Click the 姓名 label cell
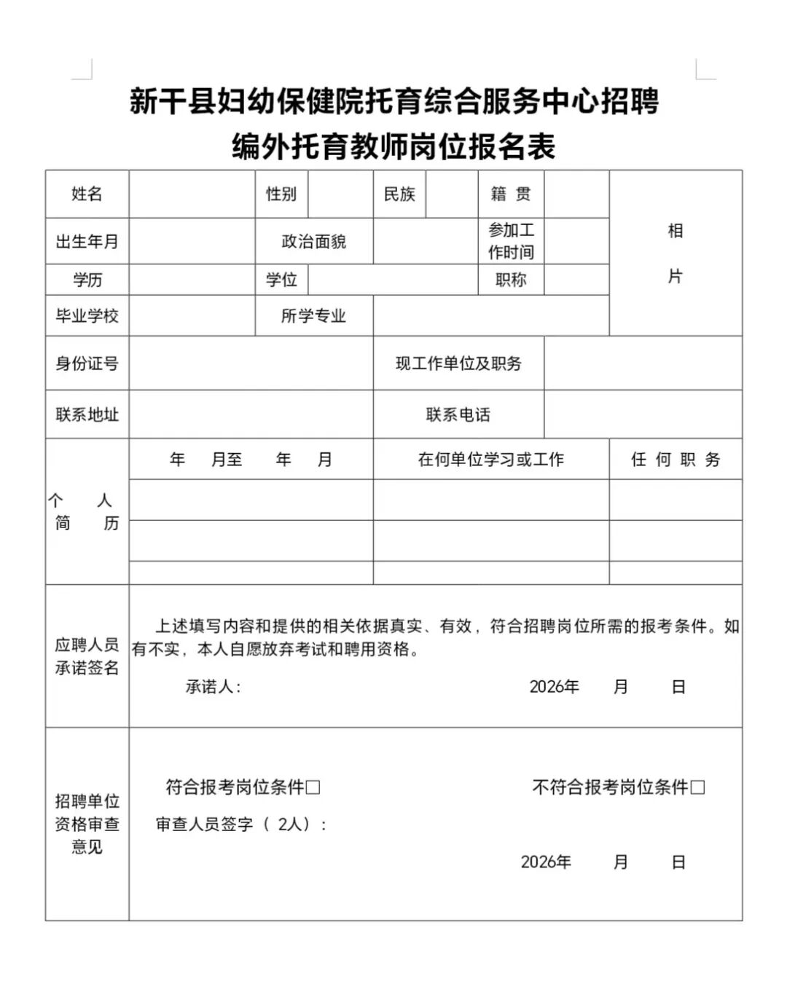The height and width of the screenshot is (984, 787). [87, 194]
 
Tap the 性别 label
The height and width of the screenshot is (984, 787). [281, 194]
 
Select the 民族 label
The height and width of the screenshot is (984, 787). [399, 194]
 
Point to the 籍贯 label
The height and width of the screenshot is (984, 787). [511, 194]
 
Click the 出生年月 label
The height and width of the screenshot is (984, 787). [87, 241]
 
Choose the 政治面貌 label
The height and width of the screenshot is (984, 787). [314, 241]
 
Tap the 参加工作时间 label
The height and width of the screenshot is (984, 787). [511, 241]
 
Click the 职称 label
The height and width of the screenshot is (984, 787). [511, 280]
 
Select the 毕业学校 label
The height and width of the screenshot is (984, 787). [87, 315]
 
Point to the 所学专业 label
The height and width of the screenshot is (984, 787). [314, 315]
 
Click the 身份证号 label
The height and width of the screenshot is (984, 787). [87, 363]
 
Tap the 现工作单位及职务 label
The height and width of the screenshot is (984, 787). [458, 363]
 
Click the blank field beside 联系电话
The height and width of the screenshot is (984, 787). [643, 414]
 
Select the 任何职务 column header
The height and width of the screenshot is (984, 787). [676, 459]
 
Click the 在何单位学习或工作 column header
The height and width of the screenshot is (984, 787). [491, 459]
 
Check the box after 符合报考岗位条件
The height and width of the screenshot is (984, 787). [313, 787]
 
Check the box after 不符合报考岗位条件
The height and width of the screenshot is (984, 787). [697, 787]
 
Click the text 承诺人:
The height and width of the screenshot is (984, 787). [213, 686]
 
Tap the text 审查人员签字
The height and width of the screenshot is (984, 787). [205, 824]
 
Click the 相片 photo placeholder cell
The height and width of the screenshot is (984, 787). [676, 253]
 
